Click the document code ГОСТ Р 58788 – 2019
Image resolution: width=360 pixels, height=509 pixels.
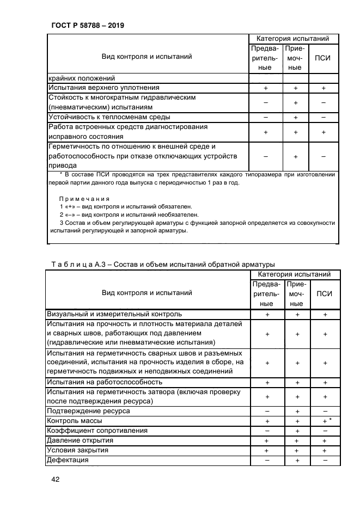pos(86,25)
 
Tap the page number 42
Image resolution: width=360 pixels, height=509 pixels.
pos(54,480)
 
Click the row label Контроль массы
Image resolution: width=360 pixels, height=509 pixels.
pos(75,421)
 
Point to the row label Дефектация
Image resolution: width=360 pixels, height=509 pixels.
pos(68,460)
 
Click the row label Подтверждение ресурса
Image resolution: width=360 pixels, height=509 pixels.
pos(89,411)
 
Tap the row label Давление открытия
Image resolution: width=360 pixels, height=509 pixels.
pos(80,440)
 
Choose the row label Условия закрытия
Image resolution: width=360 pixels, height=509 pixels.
pos(78,450)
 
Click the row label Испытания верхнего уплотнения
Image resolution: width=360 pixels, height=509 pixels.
pos(103,88)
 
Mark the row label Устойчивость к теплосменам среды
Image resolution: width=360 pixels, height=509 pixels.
pos(109,117)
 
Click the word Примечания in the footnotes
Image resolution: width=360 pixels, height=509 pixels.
pos(84,199)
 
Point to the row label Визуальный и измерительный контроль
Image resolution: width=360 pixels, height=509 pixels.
pos(114,314)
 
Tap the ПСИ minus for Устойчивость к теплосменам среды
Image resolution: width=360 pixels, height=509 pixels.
pos(324,117)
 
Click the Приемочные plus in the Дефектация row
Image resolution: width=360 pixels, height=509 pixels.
pos(296,461)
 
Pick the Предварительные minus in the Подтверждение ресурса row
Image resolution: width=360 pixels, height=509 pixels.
pos(267,411)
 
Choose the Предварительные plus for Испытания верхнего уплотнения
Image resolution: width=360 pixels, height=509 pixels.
pos(266,88)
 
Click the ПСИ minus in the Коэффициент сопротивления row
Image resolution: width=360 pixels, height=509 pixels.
pos(325,431)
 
